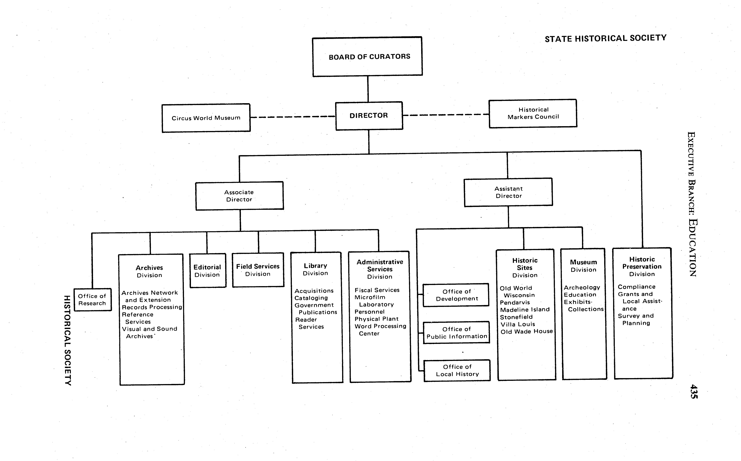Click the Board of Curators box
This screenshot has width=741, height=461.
pyautogui.click(x=368, y=57)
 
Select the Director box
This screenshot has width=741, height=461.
pyautogui.click(x=369, y=116)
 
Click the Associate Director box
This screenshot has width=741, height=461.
pyautogui.click(x=239, y=196)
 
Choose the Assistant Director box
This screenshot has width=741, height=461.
pyautogui.click(x=508, y=192)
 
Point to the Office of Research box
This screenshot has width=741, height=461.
pyautogui.click(x=92, y=300)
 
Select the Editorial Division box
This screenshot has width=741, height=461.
pyautogui.click(x=208, y=271)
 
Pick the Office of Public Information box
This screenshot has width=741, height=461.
pyautogui.click(x=457, y=333)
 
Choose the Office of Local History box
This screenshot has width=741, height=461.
pyautogui.click(x=457, y=370)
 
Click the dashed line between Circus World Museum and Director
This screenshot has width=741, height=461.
pyautogui.click(x=293, y=117)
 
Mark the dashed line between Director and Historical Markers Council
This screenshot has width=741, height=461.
pyautogui.click(x=446, y=115)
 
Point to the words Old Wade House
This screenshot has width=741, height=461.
pyautogui.click(x=527, y=331)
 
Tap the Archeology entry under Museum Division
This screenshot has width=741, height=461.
pyautogui.click(x=582, y=288)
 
